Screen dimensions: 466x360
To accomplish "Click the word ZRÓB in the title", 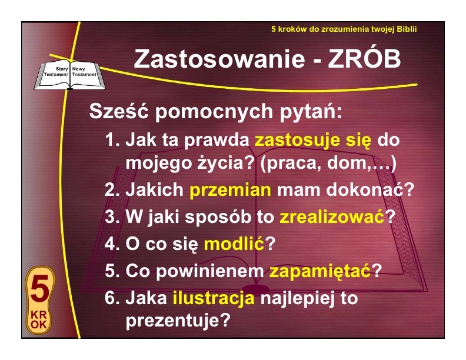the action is click(x=364, y=58).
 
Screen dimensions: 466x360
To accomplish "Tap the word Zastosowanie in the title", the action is click(x=219, y=58).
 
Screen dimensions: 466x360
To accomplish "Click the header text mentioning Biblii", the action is click(x=344, y=29).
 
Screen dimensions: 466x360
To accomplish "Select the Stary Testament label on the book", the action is click(x=56, y=72).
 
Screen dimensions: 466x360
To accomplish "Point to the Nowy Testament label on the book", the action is click(x=84, y=72).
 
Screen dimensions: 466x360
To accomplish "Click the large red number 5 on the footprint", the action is click(x=40, y=289).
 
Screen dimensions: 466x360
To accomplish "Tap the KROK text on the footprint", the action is click(x=39, y=320).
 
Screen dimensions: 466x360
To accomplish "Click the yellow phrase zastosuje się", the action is click(x=313, y=140).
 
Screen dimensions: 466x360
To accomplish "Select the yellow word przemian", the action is click(x=230, y=191).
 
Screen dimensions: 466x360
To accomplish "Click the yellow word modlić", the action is click(x=234, y=244).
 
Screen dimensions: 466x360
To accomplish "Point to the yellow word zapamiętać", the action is click(x=320, y=271).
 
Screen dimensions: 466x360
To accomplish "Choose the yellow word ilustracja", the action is click(x=214, y=298).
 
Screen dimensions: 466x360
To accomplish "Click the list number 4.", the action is click(x=112, y=244).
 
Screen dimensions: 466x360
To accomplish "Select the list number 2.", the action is click(x=112, y=190).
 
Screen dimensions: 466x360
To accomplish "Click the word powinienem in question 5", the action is click(x=210, y=271).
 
